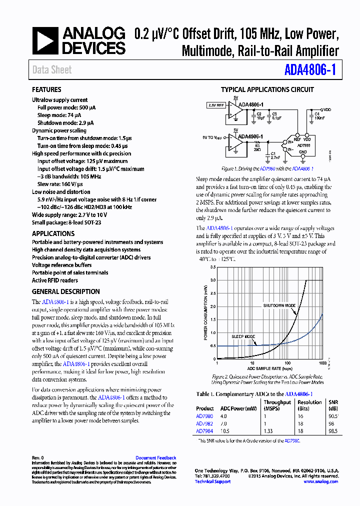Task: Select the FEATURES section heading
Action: pyautogui.click(x=46, y=89)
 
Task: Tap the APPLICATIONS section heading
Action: pyautogui.click(x=53, y=233)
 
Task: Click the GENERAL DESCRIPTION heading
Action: pyautogui.click(x=65, y=291)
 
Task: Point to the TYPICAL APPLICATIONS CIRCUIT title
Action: pyautogui.click(x=267, y=89)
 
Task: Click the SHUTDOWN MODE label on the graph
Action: pyautogui.click(x=279, y=305)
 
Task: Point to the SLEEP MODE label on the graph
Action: pyautogui.click(x=243, y=336)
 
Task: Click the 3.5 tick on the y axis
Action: pyautogui.click(x=213, y=267)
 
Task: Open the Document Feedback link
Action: pyautogui.click(x=155, y=458)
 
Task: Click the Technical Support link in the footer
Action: pyautogui.click(x=212, y=481)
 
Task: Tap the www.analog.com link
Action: pyautogui.click(x=320, y=481)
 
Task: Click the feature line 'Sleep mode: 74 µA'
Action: pyautogui.click(x=62, y=115)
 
